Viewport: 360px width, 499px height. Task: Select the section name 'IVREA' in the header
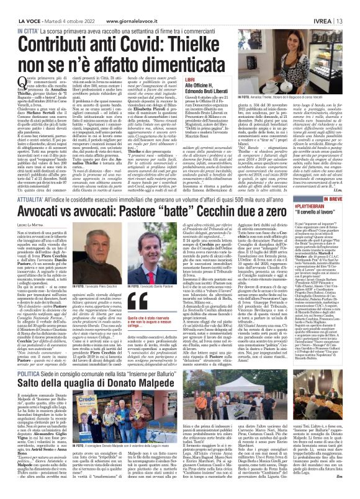331,7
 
